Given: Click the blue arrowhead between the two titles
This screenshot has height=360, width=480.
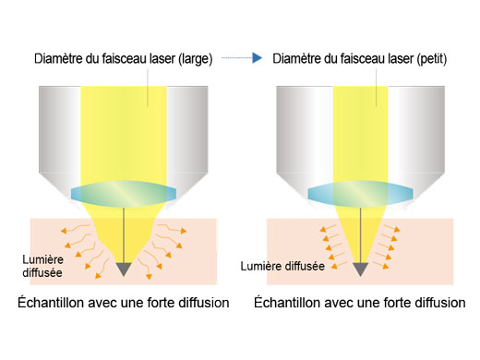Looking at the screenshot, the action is (261, 59).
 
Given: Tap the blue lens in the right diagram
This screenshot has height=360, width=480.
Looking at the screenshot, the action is (358, 192).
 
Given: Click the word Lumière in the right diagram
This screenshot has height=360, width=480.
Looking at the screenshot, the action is (261, 266).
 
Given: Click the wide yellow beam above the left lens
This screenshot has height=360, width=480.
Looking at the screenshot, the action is (123, 129).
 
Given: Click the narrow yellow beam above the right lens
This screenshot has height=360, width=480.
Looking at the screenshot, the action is (359, 129).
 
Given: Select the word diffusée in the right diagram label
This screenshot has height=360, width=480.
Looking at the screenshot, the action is (304, 266).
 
